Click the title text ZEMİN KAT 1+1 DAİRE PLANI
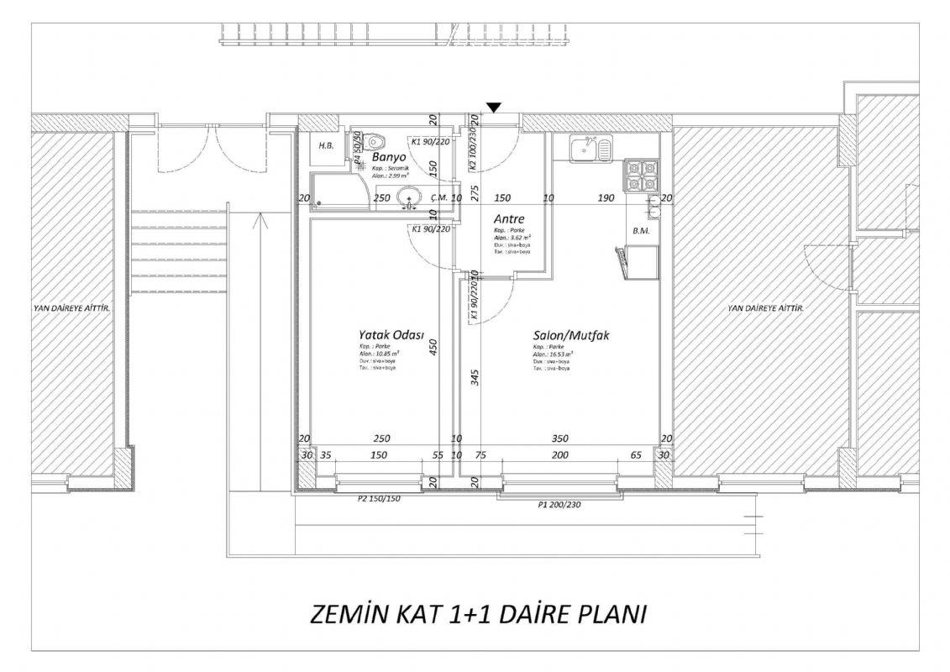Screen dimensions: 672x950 [478, 614]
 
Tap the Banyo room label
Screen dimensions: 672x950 [389, 157]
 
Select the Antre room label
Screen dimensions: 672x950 [509, 219]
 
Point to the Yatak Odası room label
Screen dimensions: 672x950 [391, 333]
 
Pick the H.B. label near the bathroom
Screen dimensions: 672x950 [326, 146]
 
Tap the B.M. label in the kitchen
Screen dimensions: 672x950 [641, 230]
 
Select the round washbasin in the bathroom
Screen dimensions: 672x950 [410, 199]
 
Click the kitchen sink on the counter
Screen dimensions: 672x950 [591, 150]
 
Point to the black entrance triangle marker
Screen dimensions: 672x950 [495, 107]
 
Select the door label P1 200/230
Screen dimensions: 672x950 [560, 505]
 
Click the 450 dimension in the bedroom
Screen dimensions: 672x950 [434, 347]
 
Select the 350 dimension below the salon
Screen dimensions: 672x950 [560, 438]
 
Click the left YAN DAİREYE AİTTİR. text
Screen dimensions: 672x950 [72, 308]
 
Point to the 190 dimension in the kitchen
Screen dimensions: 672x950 [606, 198]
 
